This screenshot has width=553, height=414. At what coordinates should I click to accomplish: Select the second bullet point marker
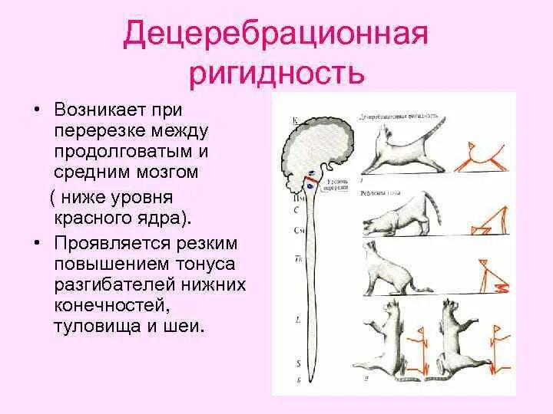[35, 244]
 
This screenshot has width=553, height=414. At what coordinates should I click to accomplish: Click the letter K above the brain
[296, 120]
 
